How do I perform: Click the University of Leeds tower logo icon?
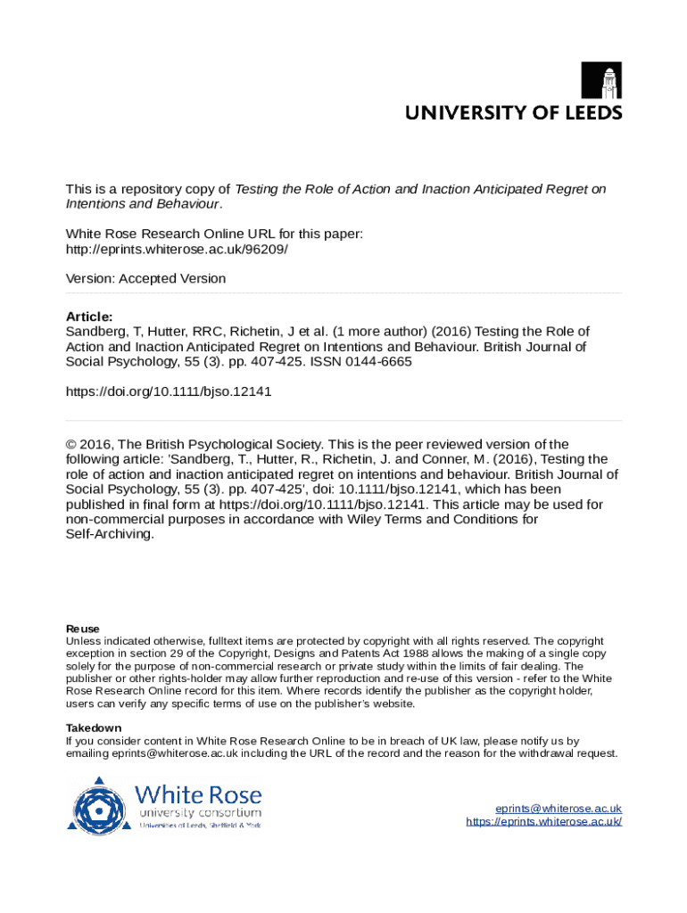602,80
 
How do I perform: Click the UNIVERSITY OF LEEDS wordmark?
514,113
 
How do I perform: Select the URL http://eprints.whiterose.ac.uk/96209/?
177,249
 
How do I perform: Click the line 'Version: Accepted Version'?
145,278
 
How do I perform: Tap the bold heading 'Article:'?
89,317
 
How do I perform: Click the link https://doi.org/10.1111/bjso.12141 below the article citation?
169,391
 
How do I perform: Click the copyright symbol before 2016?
71,444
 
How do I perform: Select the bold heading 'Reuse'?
83,629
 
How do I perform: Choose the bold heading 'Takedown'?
94,728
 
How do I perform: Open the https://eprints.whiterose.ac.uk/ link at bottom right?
543,821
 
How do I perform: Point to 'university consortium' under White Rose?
199,813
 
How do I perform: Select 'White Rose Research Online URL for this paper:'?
215,234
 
